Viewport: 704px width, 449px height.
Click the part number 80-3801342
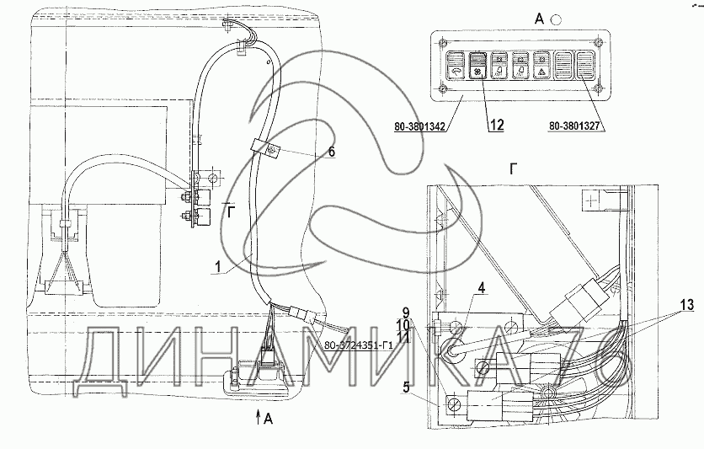click(x=422, y=127)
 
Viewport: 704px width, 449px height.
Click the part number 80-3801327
click(x=578, y=126)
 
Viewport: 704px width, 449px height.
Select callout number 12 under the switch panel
click(x=496, y=125)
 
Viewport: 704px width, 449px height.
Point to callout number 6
click(x=331, y=153)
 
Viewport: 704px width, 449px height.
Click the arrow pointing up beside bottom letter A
click(x=258, y=415)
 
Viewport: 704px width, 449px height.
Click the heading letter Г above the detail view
click(x=513, y=168)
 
